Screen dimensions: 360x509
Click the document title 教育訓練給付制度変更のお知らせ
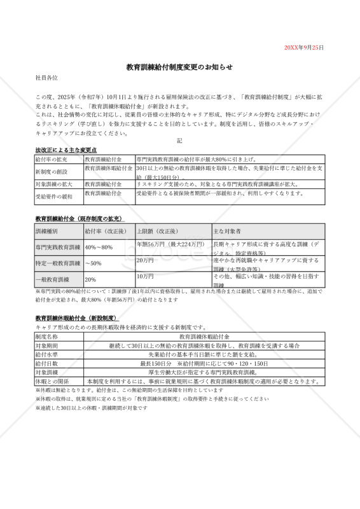click(179, 66)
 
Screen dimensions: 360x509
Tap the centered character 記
click(179, 141)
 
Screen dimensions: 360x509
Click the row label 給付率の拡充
click(51, 158)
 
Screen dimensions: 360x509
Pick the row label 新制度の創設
click(51, 172)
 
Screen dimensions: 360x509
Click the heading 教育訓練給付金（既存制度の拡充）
click(78, 218)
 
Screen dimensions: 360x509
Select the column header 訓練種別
click(46, 230)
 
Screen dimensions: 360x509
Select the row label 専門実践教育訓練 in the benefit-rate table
click(58, 247)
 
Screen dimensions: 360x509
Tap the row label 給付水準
click(46, 354)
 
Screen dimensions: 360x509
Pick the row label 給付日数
click(46, 363)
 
